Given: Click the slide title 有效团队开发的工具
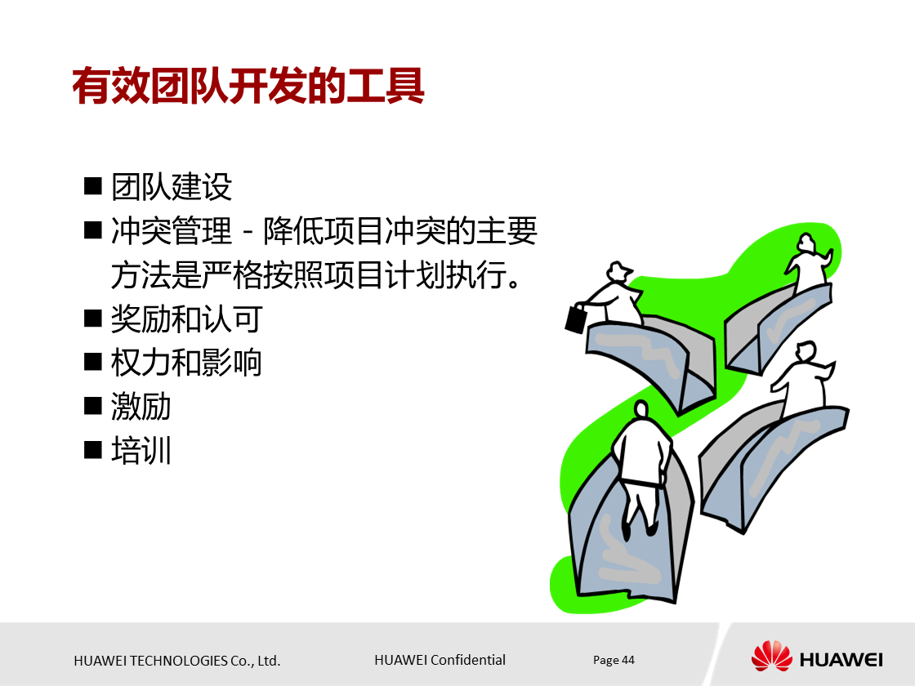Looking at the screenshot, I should click(248, 86).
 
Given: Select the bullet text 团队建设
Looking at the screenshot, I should click(172, 187).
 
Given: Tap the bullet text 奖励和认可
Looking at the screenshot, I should click(186, 318).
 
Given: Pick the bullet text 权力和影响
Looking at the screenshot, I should click(186, 362).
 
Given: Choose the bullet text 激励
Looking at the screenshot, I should click(141, 406).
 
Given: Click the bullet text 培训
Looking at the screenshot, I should click(141, 450).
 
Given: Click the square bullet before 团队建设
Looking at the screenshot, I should click(93, 186).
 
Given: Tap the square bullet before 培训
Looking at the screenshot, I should click(93, 449).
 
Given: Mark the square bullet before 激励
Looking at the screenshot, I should click(93, 405).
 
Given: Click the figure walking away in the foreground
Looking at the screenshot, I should click(641, 465).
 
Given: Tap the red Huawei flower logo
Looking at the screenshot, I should click(771, 657).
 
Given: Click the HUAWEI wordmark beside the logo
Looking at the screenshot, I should click(841, 659).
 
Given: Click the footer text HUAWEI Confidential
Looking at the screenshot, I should click(440, 660).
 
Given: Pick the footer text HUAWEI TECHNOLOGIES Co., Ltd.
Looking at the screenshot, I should click(177, 661).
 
